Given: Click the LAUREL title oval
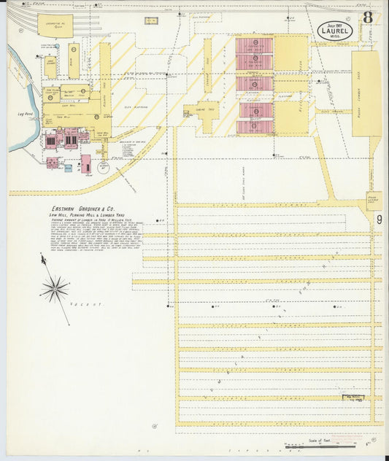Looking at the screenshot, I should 335,31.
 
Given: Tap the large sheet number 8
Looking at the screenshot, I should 368,17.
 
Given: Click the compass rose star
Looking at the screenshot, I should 55,288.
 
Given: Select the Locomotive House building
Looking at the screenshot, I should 54,25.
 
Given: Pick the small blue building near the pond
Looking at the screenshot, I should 68,168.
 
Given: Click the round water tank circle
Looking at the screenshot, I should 103,167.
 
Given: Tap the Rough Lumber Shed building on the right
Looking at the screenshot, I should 366,93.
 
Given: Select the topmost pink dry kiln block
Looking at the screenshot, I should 254,45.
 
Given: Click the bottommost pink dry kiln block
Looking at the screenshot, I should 254,127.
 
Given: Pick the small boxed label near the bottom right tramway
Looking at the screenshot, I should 353,398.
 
